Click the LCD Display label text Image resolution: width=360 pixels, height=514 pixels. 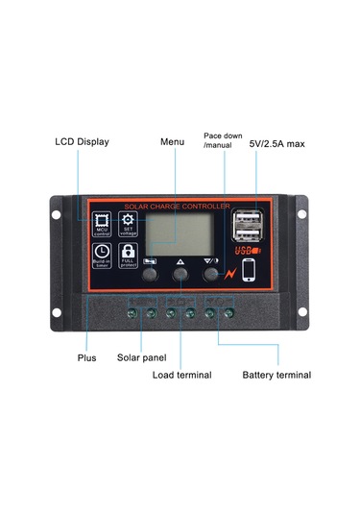[81, 142]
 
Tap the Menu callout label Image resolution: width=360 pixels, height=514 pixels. [172, 142]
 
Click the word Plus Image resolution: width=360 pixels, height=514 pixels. [86, 357]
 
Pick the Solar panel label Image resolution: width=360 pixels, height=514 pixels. [142, 357]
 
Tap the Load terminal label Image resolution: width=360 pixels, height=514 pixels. [181, 375]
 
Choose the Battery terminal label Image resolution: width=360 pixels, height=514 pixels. [276, 375]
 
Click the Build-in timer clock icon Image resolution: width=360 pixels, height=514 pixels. [102, 257]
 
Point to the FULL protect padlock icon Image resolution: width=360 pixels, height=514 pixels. [129, 257]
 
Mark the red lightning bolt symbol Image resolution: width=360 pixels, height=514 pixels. [230, 273]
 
